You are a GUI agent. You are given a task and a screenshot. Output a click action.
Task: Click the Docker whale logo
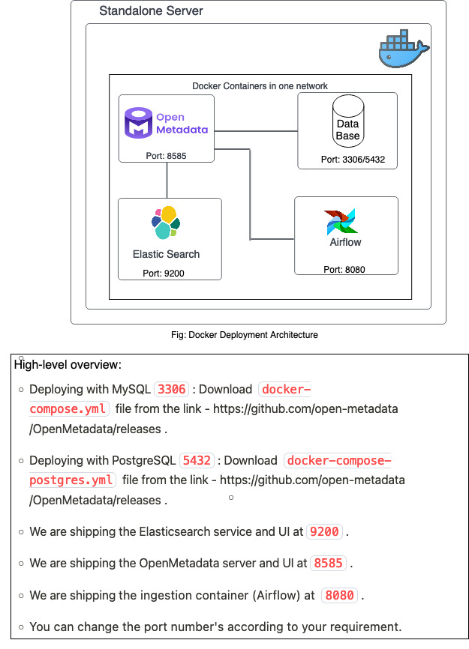point(403,49)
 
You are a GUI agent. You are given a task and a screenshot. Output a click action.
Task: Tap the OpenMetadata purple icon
point(138,124)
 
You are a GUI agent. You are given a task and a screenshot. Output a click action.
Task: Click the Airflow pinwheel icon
point(341,223)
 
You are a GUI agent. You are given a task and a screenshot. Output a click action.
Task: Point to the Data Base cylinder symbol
point(347,122)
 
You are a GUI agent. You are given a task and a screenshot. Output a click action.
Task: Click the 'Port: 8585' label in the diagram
point(166,156)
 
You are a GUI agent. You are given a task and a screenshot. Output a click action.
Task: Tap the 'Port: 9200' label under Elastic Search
point(164,274)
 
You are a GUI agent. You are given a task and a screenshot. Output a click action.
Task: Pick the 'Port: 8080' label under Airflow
point(344,269)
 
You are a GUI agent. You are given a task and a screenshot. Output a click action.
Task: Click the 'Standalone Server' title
point(151,11)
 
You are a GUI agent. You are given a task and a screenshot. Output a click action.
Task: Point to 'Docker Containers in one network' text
point(260,86)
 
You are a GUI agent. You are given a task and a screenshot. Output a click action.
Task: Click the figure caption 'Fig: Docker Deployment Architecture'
point(245,335)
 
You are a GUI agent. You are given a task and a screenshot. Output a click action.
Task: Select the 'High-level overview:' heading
point(68,365)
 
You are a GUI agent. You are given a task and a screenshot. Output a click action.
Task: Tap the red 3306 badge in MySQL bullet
point(171,390)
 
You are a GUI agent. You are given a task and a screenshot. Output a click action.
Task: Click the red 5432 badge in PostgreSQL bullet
point(197,460)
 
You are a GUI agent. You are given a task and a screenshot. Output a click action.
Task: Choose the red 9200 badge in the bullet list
point(325,531)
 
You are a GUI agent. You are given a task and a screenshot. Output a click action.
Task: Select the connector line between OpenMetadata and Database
point(255,131)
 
